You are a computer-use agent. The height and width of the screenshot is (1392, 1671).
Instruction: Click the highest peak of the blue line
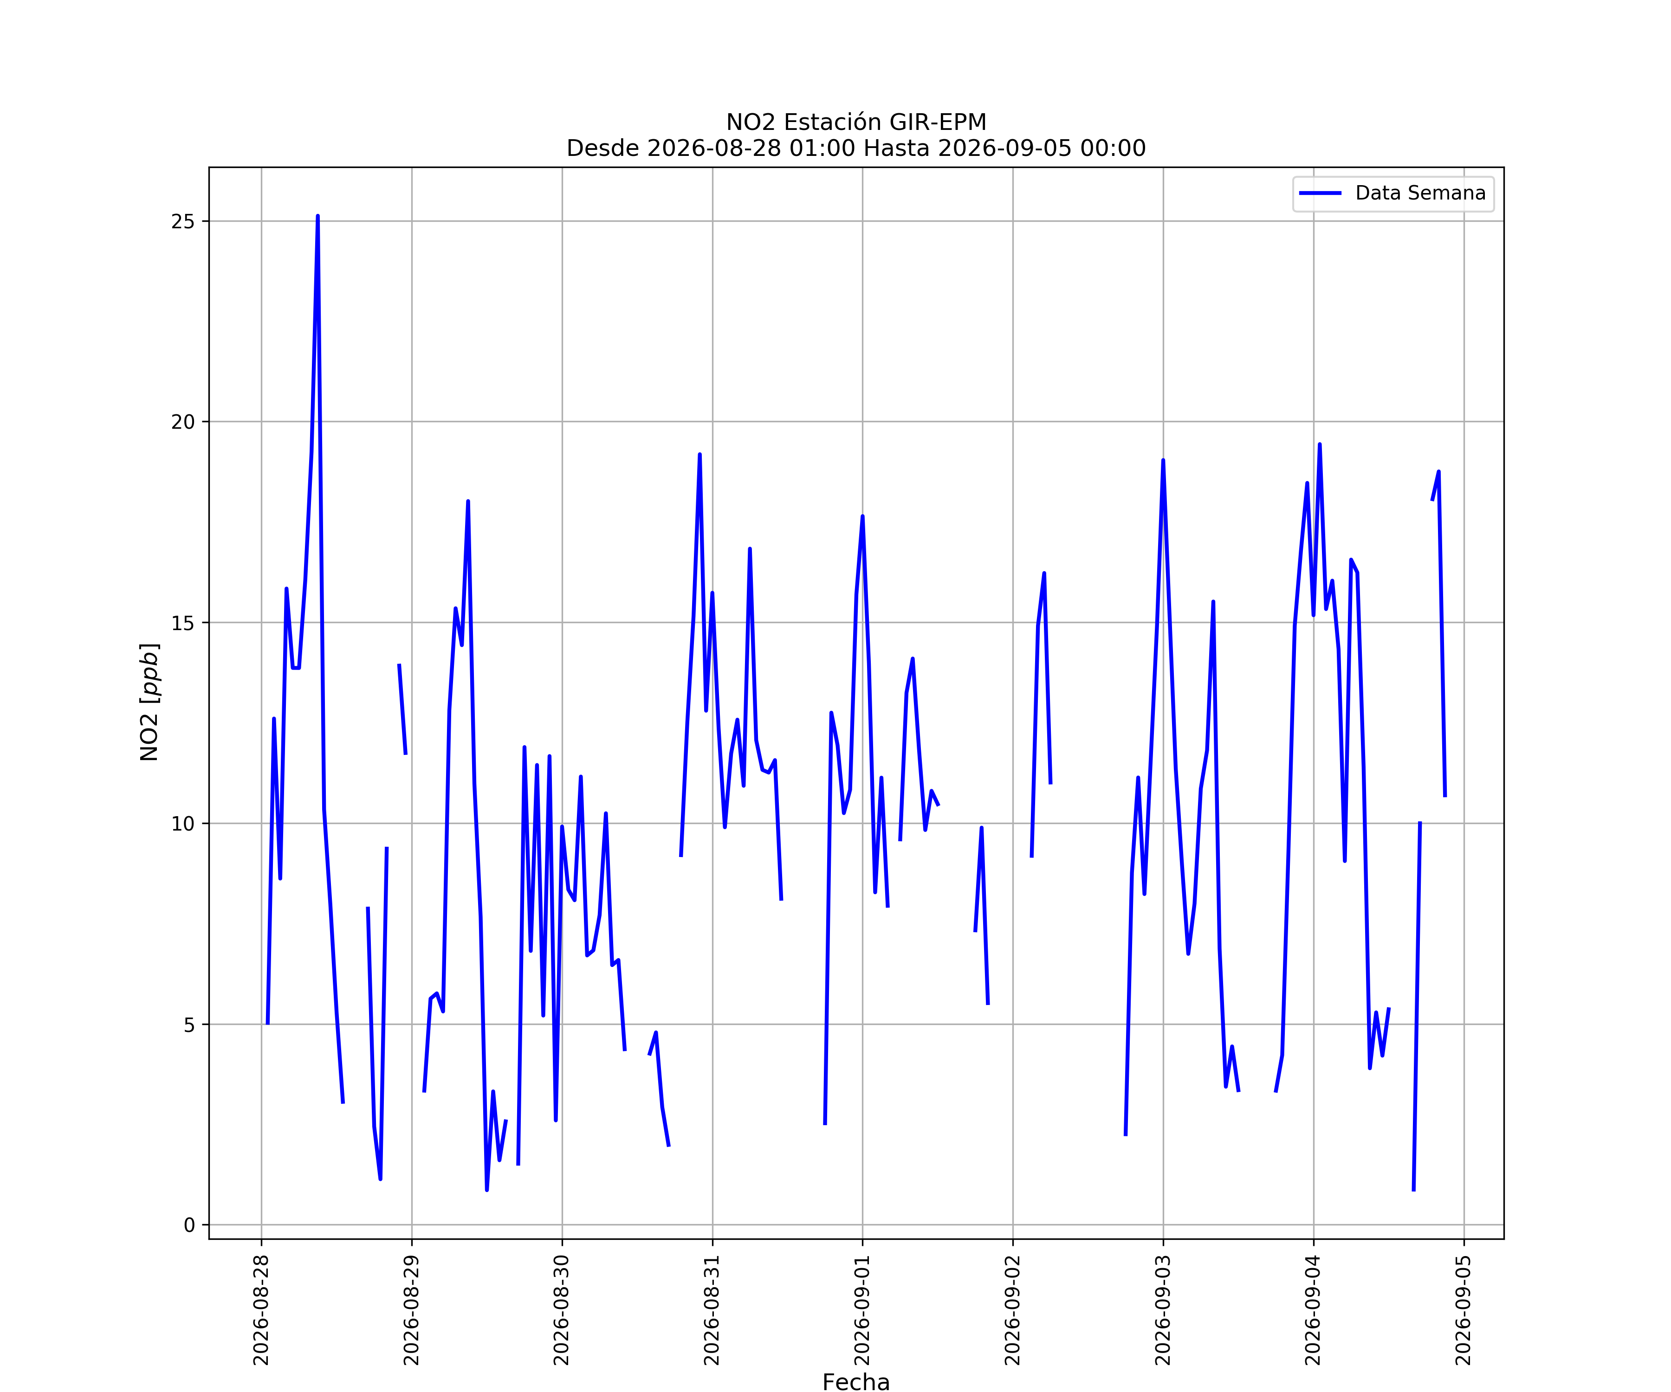pyautogui.click(x=317, y=216)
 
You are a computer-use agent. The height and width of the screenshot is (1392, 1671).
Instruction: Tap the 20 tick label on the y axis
pyautogui.click(x=183, y=422)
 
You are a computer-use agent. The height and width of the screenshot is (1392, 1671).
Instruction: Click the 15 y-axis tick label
pyautogui.click(x=183, y=623)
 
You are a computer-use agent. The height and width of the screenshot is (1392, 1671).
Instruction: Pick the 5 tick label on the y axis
pyautogui.click(x=189, y=1025)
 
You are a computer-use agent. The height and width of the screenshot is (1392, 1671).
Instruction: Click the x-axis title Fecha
pyautogui.click(x=856, y=1382)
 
